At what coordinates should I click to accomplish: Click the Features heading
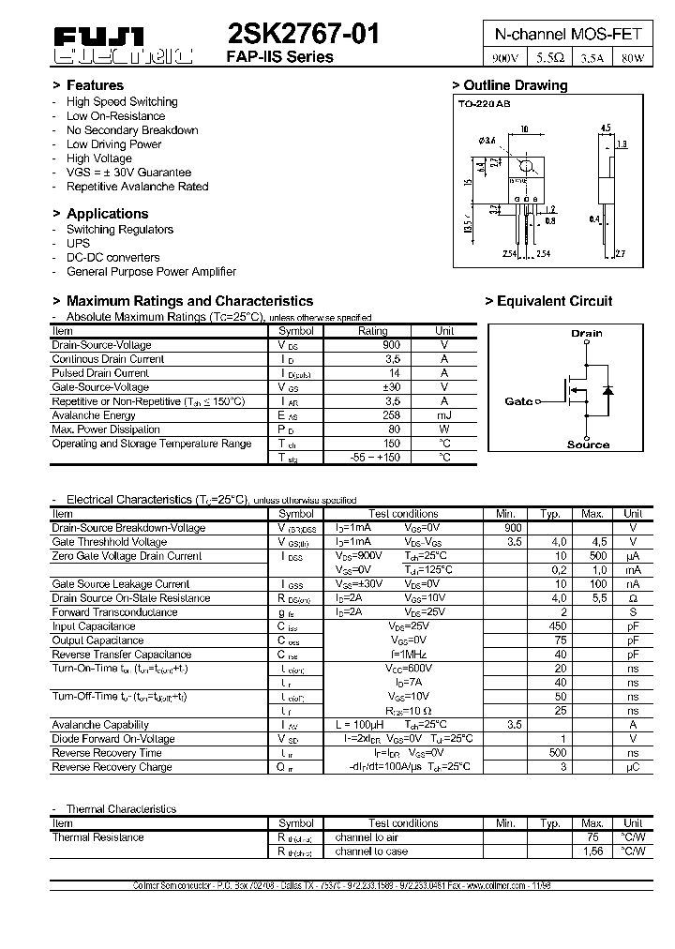click(x=95, y=85)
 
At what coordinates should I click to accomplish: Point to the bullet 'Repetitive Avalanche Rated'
click(x=137, y=187)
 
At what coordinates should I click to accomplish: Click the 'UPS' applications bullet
click(x=78, y=243)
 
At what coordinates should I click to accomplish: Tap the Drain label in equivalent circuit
click(x=587, y=333)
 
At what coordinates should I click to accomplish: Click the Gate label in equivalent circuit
click(x=517, y=401)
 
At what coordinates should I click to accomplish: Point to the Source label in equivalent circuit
click(x=588, y=444)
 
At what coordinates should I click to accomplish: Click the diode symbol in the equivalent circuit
click(x=607, y=388)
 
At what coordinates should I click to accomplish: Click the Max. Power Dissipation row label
click(x=106, y=429)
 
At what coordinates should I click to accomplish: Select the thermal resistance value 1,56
click(x=592, y=851)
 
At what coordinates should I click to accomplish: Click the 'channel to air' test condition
click(x=367, y=837)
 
